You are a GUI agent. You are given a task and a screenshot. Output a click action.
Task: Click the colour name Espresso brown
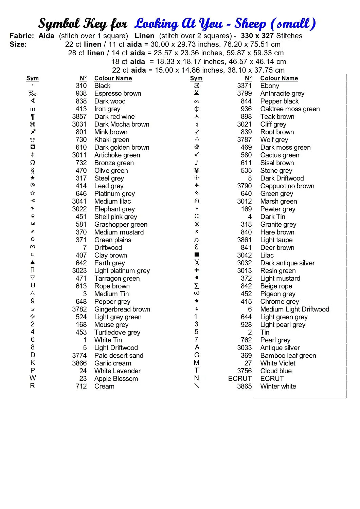click(118, 93)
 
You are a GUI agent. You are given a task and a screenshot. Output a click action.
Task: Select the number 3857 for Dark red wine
click(79, 116)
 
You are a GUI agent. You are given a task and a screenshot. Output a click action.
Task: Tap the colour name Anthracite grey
click(282, 93)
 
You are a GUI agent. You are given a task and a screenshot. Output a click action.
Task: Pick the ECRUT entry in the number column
click(240, 378)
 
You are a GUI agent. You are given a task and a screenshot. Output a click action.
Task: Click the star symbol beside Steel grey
click(33, 178)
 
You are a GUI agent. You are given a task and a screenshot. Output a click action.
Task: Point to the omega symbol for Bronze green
click(33, 163)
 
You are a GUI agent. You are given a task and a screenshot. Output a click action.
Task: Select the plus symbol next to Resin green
click(197, 270)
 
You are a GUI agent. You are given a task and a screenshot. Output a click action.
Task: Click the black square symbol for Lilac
click(197, 254)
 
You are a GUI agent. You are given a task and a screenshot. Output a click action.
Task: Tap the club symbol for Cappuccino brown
click(197, 186)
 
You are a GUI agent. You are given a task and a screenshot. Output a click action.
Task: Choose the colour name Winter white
click(278, 386)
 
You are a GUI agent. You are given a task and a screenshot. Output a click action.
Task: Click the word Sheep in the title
click(250, 24)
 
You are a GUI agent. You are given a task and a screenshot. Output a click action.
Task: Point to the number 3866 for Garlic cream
click(79, 363)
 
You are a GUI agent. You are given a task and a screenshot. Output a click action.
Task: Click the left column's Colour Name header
click(113, 78)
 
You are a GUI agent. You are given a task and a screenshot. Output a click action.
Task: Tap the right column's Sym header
click(196, 78)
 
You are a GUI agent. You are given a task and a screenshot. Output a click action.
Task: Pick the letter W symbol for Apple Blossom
click(33, 378)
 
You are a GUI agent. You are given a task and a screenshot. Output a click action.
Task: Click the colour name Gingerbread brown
click(122, 309)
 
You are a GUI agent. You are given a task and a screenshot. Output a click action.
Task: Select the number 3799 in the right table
click(245, 93)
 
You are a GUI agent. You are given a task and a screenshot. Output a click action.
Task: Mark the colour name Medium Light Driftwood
click(295, 309)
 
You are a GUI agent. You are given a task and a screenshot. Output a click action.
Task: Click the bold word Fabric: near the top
click(22, 36)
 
